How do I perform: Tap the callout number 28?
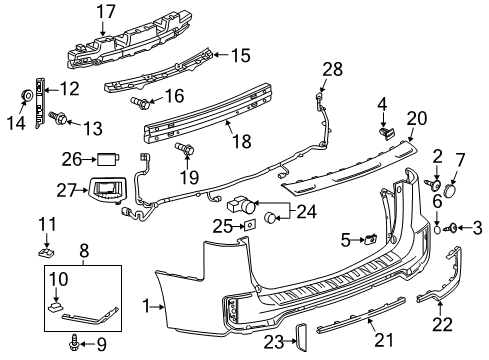tap(332, 68)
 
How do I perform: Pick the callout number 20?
tap(415, 119)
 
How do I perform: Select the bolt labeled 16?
tap(139, 102)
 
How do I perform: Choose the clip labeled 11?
tap(45, 242)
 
